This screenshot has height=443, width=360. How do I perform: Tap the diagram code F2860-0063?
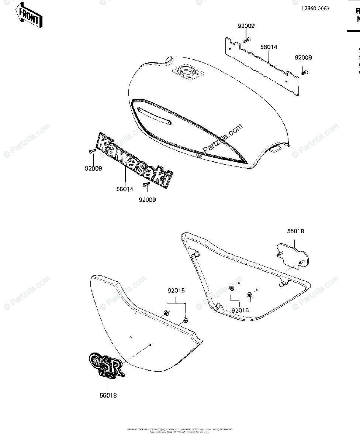pyautogui.click(x=315, y=8)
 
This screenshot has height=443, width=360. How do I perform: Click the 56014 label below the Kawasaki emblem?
pyautogui.click(x=125, y=189)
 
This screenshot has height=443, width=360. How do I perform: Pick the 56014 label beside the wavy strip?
pyautogui.click(x=269, y=47)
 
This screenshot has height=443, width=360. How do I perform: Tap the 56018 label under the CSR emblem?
pyautogui.click(x=108, y=395)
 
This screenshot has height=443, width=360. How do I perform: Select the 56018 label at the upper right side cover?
pyautogui.click(x=296, y=231)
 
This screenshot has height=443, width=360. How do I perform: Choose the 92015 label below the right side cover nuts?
pyautogui.click(x=240, y=310)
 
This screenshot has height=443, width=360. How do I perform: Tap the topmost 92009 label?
pyautogui.click(x=246, y=26)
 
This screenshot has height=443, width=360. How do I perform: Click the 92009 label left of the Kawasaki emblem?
pyautogui.click(x=94, y=168)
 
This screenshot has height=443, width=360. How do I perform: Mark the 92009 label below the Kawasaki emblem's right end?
pyautogui.click(x=147, y=200)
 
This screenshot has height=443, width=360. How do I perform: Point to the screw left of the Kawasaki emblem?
pyautogui.click(x=92, y=151)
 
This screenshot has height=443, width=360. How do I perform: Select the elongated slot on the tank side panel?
pyautogui.click(x=154, y=115)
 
